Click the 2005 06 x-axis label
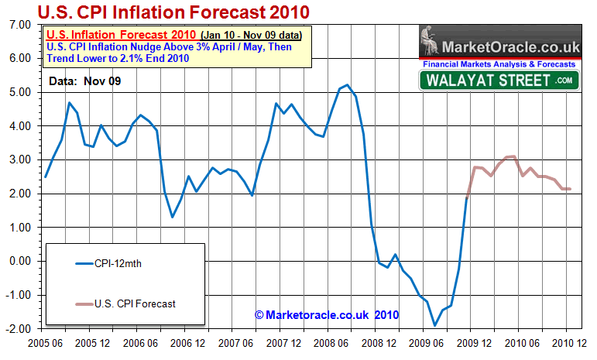pyautogui.click(x=46, y=342)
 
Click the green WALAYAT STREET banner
pyautogui.click(x=499, y=80)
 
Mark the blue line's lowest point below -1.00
pyautogui.click(x=434, y=325)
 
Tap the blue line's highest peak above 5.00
pyautogui.click(x=348, y=85)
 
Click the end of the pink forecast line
pyautogui.click(x=571, y=189)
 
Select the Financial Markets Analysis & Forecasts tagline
pyautogui.click(x=499, y=64)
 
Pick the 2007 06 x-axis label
pyautogui.click(x=236, y=342)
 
